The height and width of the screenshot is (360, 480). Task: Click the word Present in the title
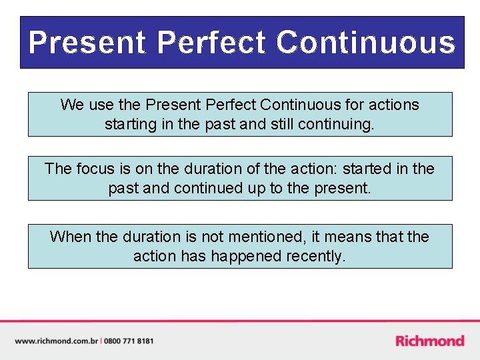coord(87,43)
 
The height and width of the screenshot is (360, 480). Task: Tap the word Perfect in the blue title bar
coord(211,43)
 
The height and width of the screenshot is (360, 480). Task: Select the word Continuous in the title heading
coord(366,43)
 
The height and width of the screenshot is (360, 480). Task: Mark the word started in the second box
coord(369,169)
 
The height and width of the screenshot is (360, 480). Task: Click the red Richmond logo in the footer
coord(429,341)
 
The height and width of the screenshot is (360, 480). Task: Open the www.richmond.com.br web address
coord(56,341)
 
